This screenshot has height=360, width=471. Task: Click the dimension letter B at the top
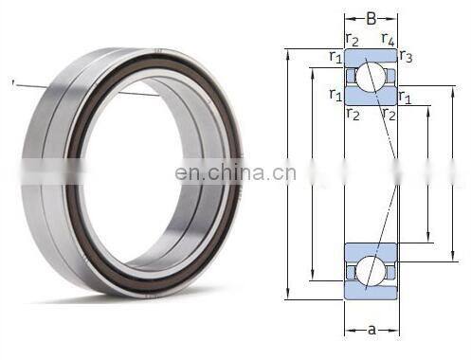[x=371, y=19]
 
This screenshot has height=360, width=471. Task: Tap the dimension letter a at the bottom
[x=371, y=330]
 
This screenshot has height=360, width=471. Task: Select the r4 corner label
[x=388, y=39]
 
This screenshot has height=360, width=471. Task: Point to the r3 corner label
[x=406, y=56]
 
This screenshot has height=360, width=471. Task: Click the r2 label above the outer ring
[x=353, y=40]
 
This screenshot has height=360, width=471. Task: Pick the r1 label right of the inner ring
[x=405, y=97]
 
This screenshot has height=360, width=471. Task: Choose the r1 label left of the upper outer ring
[x=335, y=57]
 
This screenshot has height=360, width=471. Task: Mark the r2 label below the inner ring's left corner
[x=353, y=114]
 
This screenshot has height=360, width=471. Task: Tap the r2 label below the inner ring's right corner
[x=389, y=114]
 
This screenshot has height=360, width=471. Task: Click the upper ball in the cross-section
[x=371, y=76]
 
